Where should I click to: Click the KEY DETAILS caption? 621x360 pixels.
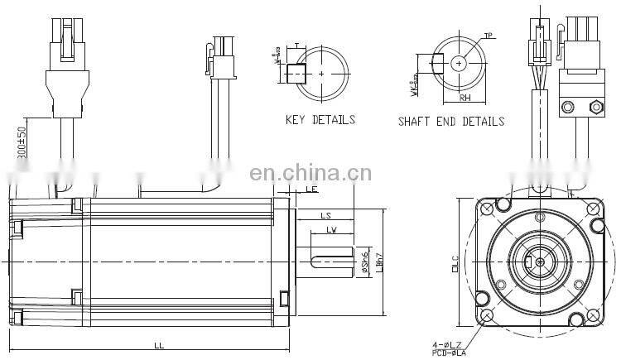(x=320, y=120)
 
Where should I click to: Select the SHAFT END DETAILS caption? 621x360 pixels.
(x=450, y=122)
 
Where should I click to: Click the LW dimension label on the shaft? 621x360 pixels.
(x=330, y=229)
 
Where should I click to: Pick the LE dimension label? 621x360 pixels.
(x=311, y=190)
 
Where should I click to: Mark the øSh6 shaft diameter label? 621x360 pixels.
(x=364, y=262)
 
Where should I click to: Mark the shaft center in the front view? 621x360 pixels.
(x=540, y=261)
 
